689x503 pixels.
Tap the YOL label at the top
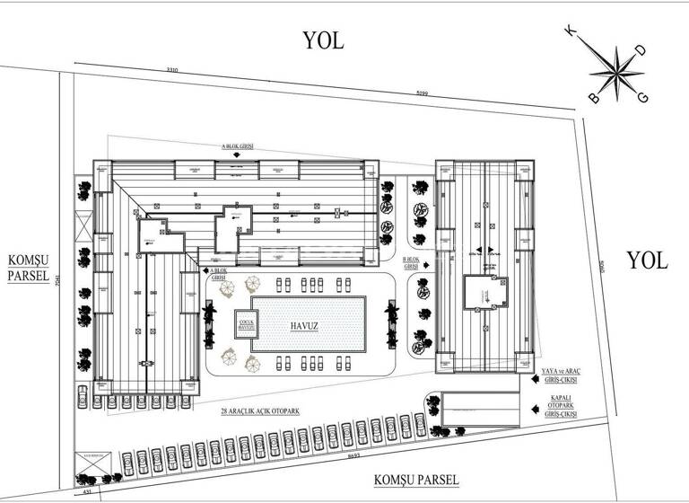point(324,40)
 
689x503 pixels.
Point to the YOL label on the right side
point(647,260)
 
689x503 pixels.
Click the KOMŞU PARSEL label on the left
point(30,268)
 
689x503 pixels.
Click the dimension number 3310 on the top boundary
point(172,70)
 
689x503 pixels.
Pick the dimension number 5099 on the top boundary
point(422,93)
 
